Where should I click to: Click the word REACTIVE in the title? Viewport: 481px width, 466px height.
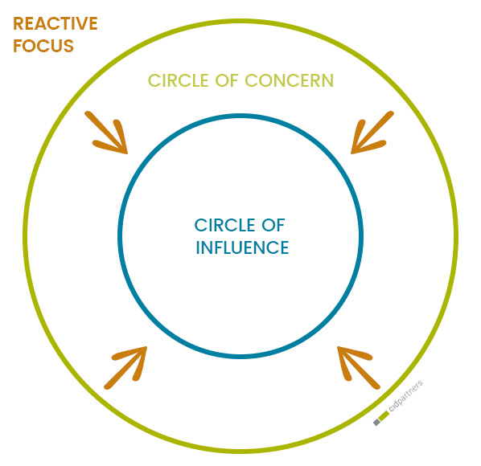(55, 24)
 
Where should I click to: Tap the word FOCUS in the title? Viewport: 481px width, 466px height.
(43, 47)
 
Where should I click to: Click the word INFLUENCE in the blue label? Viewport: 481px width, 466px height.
(242, 248)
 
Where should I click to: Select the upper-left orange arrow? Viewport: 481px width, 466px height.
(109, 132)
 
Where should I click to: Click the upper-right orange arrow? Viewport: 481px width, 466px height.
(372, 133)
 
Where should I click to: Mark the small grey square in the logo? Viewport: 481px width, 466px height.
(376, 422)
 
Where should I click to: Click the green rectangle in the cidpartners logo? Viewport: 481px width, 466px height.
(384, 415)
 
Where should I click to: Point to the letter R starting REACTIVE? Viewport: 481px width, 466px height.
(18, 24)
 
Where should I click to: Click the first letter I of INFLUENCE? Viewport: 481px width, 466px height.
(199, 248)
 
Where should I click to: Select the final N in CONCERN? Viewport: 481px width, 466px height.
(327, 81)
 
